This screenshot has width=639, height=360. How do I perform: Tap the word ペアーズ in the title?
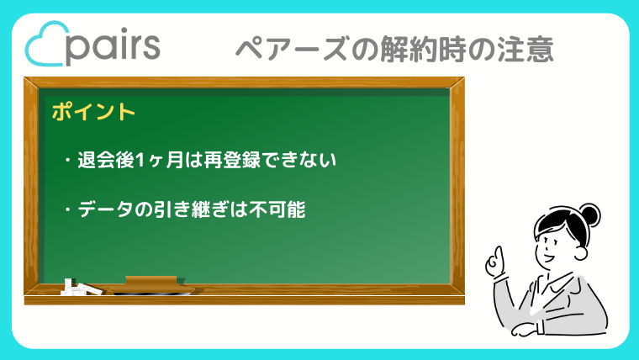[x=293, y=49]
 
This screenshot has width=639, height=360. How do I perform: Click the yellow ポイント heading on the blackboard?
[x=93, y=111]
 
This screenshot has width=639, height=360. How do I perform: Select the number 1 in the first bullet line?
[x=139, y=160]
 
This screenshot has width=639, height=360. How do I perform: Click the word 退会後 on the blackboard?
[x=106, y=160]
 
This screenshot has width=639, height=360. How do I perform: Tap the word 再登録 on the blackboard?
[x=231, y=160]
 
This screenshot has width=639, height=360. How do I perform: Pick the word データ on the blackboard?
[x=105, y=209]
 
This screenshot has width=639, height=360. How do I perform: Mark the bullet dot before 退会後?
[x=67, y=160]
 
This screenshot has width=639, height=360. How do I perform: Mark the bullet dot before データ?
[x=67, y=210]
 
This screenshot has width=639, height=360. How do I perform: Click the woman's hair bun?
[x=589, y=214]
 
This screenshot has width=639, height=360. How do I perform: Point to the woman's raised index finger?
[x=498, y=255]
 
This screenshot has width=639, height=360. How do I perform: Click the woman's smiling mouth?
[x=547, y=257]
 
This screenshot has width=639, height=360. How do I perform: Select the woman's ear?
[x=581, y=252]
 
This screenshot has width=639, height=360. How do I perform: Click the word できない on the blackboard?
[x=298, y=160]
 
